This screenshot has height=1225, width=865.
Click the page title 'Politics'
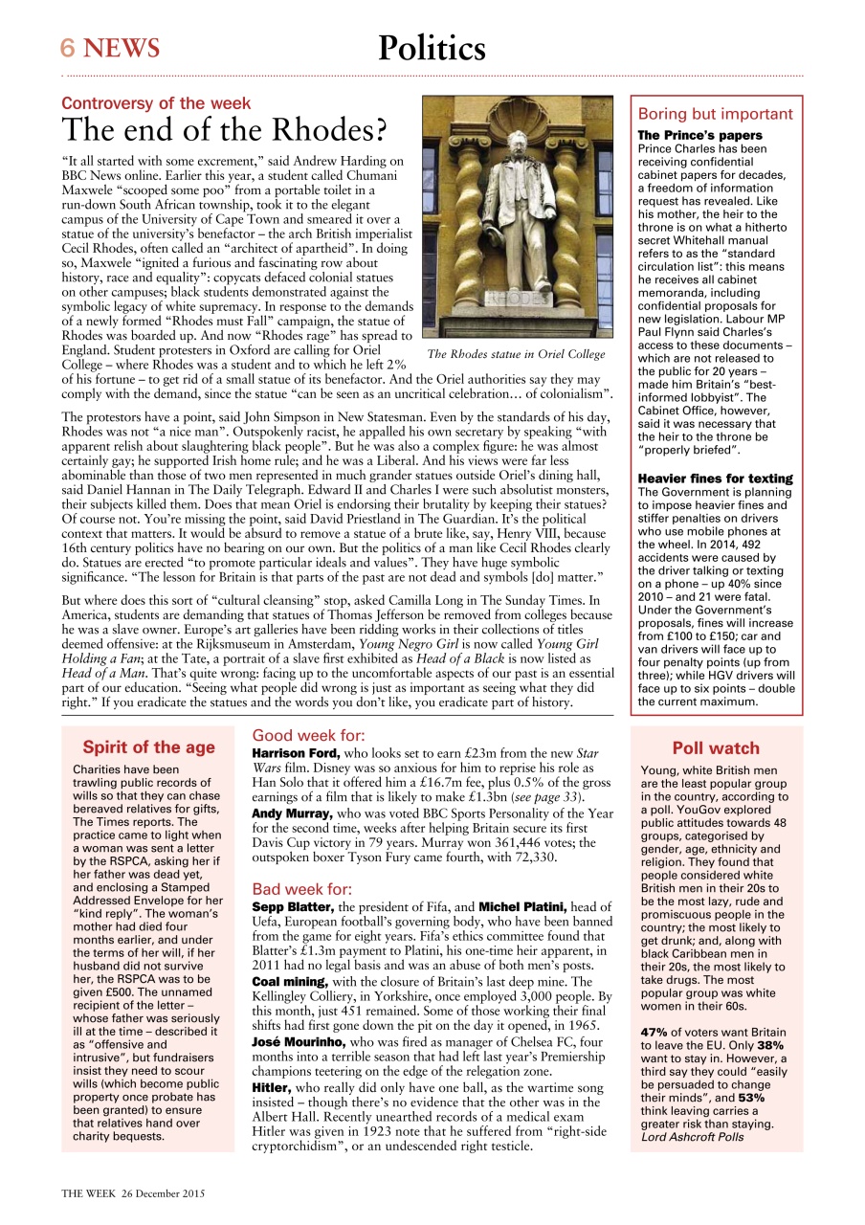coord(432,48)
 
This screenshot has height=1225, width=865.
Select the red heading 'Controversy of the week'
coord(156,103)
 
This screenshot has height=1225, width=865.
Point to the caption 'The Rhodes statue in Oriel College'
coord(516,354)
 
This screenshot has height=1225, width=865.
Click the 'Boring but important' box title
coord(715,114)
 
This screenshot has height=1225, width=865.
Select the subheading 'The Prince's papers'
coord(699,136)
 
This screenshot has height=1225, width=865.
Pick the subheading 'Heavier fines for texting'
coord(715,479)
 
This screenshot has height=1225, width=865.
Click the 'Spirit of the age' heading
coord(148,747)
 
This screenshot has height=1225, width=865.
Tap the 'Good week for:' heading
coord(308,736)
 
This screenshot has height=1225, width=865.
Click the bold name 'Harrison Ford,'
coord(295,754)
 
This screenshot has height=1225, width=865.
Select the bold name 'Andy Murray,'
coord(292,813)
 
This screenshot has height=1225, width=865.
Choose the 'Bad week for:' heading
coord(301,889)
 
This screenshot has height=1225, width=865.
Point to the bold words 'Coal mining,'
coord(291,981)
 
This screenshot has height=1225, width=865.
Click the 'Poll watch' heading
coord(715,748)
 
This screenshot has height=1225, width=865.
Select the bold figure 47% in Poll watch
coord(654,1033)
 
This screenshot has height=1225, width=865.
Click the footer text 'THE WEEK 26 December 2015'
coord(133,1193)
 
